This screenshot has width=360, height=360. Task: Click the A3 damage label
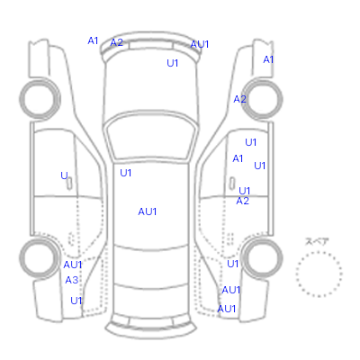(72, 280)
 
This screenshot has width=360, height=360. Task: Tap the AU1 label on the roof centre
(148, 211)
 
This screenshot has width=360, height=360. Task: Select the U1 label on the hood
(173, 63)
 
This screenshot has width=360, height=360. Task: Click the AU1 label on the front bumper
(200, 44)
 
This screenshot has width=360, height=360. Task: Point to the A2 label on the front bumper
(117, 42)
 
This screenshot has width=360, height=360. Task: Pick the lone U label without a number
(64, 175)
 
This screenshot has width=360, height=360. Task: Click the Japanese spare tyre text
(317, 241)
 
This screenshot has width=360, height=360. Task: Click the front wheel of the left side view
(40, 99)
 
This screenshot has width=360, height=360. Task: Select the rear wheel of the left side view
(40, 258)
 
